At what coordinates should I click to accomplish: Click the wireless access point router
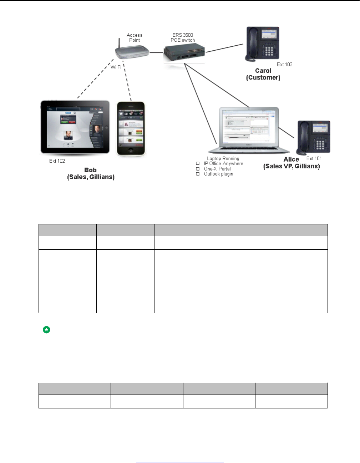click(131, 52)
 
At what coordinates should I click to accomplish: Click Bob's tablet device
click(75, 127)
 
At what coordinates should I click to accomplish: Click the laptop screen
click(249, 126)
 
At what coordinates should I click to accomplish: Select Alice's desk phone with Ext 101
click(314, 137)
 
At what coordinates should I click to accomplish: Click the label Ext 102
click(57, 161)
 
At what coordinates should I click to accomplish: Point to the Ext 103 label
click(284, 65)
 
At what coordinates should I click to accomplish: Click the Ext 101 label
click(314, 158)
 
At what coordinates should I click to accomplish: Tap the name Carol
click(263, 71)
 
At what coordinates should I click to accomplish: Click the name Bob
click(90, 170)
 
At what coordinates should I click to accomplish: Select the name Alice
click(291, 159)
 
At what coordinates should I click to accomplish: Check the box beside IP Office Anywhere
click(198, 164)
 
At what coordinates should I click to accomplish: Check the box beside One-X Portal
click(198, 169)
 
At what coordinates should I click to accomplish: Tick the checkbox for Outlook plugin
click(198, 174)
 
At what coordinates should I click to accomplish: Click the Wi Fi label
click(116, 67)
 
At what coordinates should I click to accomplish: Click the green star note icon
click(46, 330)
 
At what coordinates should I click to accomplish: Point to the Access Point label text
click(135, 37)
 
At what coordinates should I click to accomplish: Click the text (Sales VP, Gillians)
click(291, 166)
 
